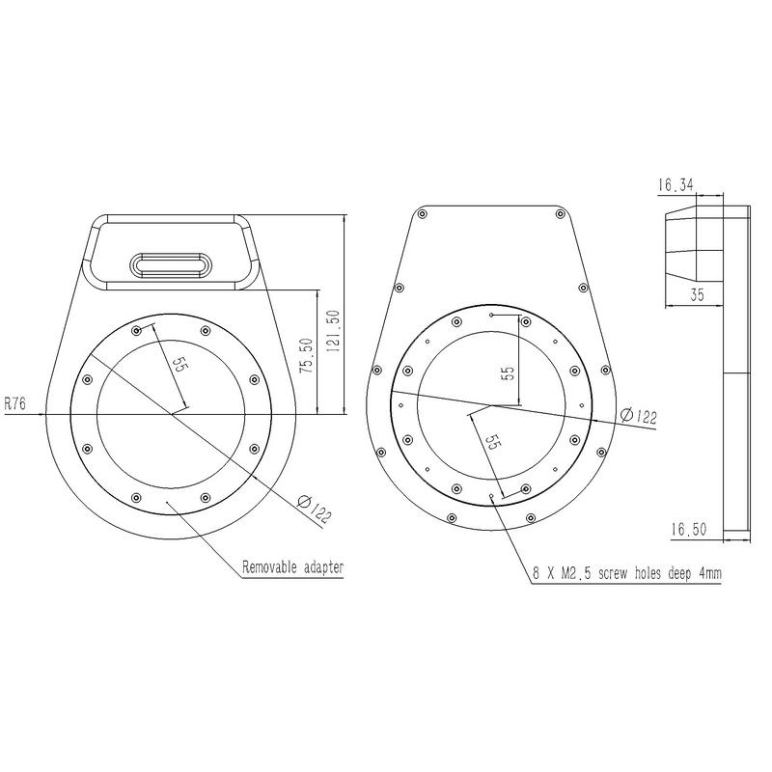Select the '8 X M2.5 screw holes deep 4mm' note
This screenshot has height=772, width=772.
pos(627,572)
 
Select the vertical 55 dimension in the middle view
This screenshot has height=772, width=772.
pos(504,372)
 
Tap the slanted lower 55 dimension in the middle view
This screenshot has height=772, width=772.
pos(490,443)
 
